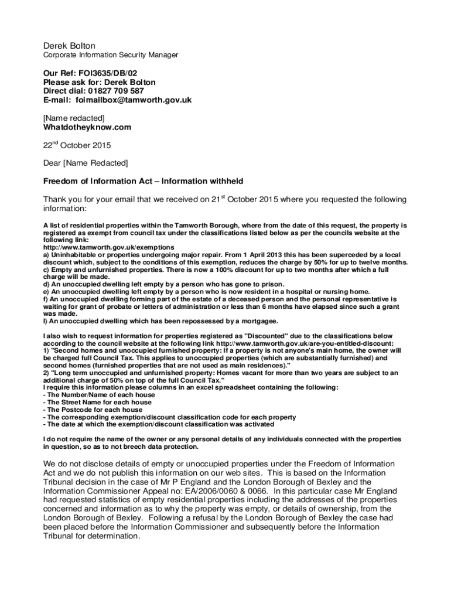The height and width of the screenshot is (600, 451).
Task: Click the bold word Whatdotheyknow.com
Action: tap(87, 127)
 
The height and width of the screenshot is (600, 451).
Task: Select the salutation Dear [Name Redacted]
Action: tap(86, 163)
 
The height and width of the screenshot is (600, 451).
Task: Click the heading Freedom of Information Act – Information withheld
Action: tap(143, 181)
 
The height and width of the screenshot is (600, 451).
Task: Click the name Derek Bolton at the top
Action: tap(69, 46)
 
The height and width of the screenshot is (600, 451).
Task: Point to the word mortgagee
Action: tap(257, 321)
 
